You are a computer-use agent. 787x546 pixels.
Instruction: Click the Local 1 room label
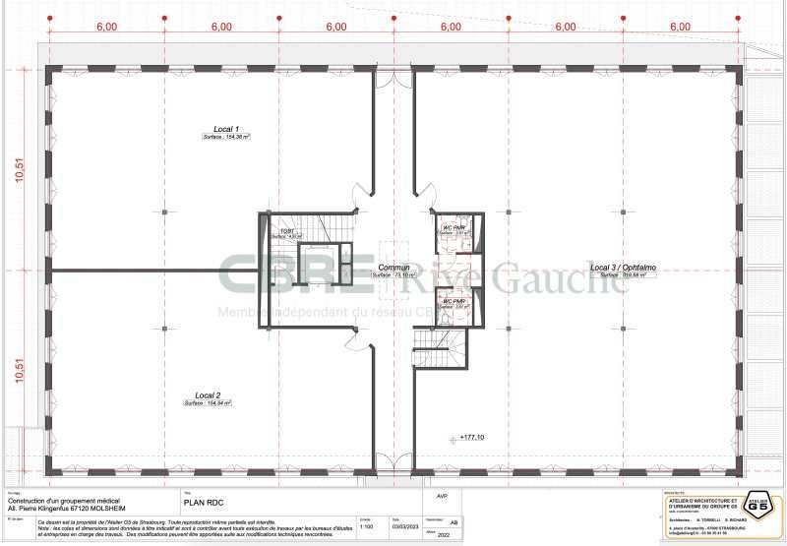(227, 129)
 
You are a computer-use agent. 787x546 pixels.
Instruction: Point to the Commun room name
(393, 267)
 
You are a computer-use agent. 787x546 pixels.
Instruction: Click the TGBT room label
(285, 229)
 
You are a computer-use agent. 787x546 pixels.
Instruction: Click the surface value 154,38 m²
(227, 138)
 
